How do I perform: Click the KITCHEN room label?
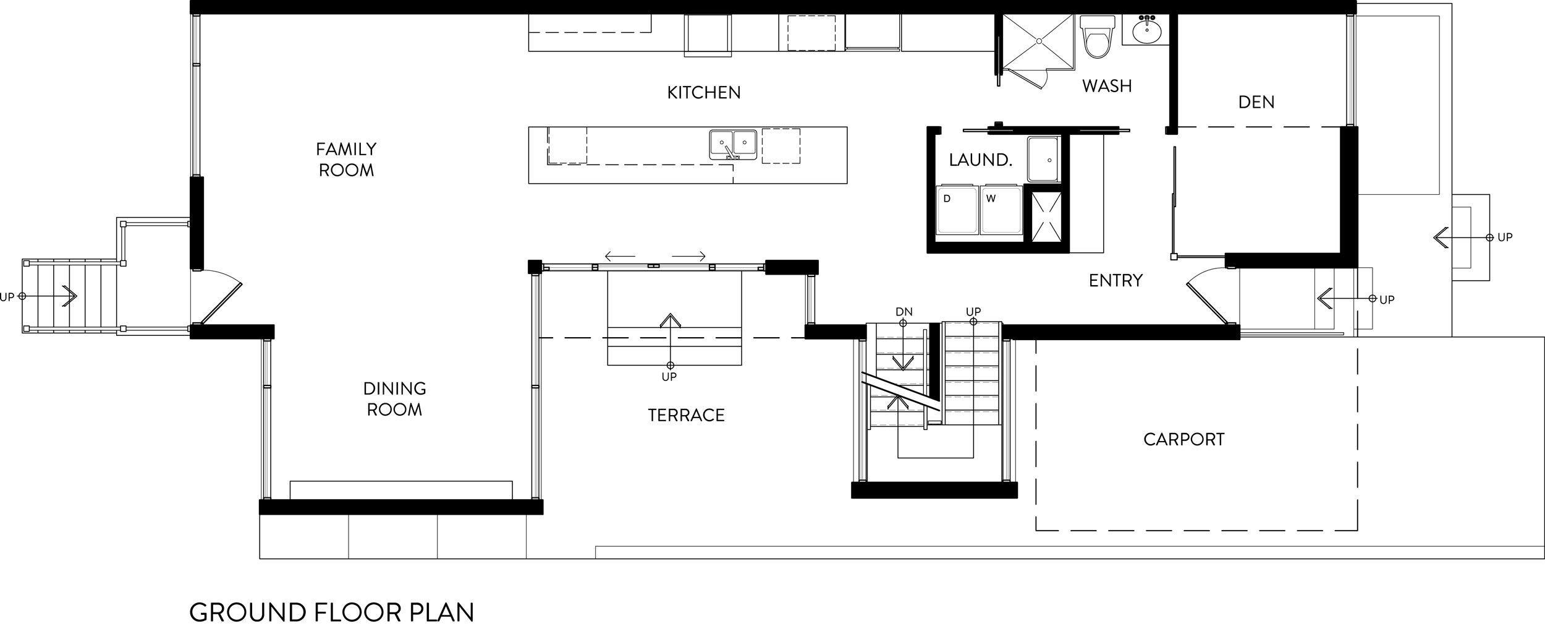[x=703, y=93]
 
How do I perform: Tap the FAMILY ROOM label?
[x=346, y=160]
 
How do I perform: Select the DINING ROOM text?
[x=394, y=399]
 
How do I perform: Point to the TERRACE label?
[x=686, y=415]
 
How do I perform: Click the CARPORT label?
[x=1183, y=440]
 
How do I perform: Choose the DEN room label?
[x=1256, y=102]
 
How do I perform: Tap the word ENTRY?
[x=1115, y=281]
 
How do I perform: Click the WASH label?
[x=1106, y=86]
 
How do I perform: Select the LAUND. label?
[x=980, y=160]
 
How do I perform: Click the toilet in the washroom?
[x=1097, y=37]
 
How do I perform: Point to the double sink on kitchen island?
[x=733, y=144]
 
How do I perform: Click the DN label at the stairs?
[x=904, y=312]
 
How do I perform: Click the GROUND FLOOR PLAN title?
[x=331, y=612]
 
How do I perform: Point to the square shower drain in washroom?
[x=1039, y=41]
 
